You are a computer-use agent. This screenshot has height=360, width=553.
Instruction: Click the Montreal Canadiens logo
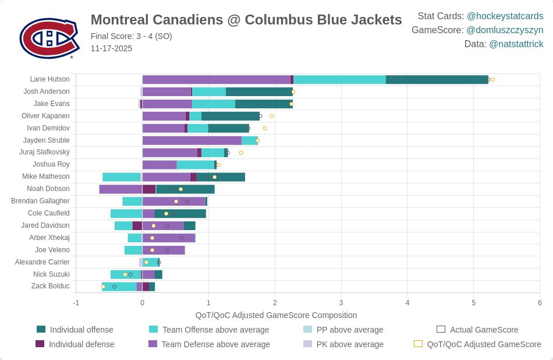coord(49,38)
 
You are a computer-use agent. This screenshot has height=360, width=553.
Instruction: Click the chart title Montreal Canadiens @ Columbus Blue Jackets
coord(246,20)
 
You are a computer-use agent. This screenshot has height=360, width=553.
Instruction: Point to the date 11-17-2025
coord(111,48)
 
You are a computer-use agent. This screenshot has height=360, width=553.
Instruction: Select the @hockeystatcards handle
coord(505,16)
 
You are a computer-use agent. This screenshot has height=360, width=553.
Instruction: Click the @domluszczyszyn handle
coord(505,30)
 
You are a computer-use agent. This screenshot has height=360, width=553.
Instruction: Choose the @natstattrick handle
coord(516,44)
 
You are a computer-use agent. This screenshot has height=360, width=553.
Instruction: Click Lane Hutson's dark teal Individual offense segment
coord(437,80)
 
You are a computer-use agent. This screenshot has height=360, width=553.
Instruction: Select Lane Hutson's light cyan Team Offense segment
coord(339,80)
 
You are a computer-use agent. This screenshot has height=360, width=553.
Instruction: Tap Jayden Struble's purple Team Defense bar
coord(192,140)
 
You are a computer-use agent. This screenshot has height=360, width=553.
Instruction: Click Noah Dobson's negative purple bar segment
coord(120,189)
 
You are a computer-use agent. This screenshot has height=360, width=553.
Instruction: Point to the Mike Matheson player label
coord(46,177)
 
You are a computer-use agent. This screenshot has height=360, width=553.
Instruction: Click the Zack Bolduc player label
coord(50,286)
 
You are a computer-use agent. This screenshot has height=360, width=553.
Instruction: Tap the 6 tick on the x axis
coord(540,303)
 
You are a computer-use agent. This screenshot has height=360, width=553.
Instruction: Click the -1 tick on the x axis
coord(76,303)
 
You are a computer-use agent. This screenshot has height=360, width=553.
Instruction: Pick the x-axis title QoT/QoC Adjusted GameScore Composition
coord(276,315)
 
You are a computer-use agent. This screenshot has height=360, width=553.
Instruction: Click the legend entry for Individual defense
coord(81,344)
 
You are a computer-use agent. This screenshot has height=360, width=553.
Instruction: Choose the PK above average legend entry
coord(349,344)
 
